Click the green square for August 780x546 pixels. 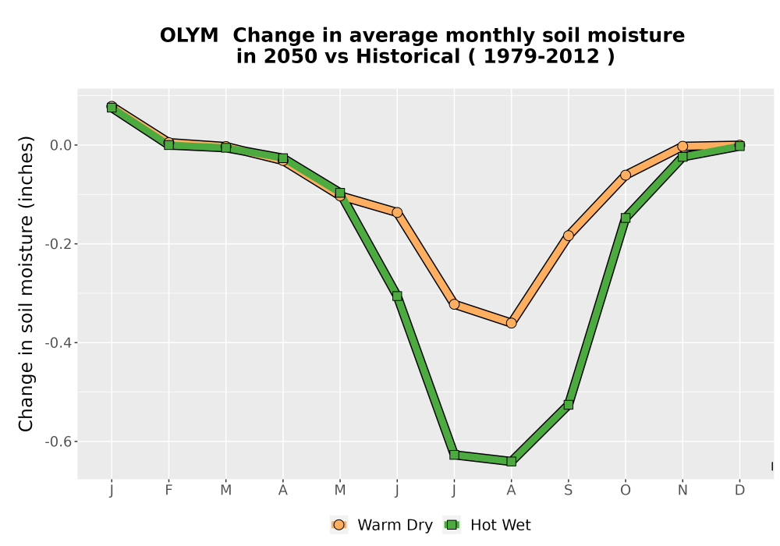pos(511,462)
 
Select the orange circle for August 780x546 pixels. pos(511,323)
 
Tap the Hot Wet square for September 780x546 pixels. pos(568,405)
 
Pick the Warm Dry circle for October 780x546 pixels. pos(626,175)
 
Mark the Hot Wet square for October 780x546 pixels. pos(626,218)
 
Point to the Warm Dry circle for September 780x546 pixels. pos(568,236)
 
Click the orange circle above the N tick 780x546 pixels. pos(682,146)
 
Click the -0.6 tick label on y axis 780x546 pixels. pos(58,441)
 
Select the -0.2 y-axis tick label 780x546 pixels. pos(58,244)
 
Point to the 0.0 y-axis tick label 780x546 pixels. pos(61,145)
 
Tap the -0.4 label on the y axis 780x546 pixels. pos(58,342)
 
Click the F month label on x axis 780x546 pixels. pos(168,491)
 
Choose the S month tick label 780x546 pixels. pos(568,491)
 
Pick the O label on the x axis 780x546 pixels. pos(626,491)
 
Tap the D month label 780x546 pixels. pos(739,491)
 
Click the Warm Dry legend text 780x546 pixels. pos(395,525)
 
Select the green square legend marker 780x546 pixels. pos(452,525)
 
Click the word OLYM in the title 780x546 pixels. pos(189,36)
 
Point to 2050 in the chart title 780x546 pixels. pos(290,57)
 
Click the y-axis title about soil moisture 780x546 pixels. pos(26,283)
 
